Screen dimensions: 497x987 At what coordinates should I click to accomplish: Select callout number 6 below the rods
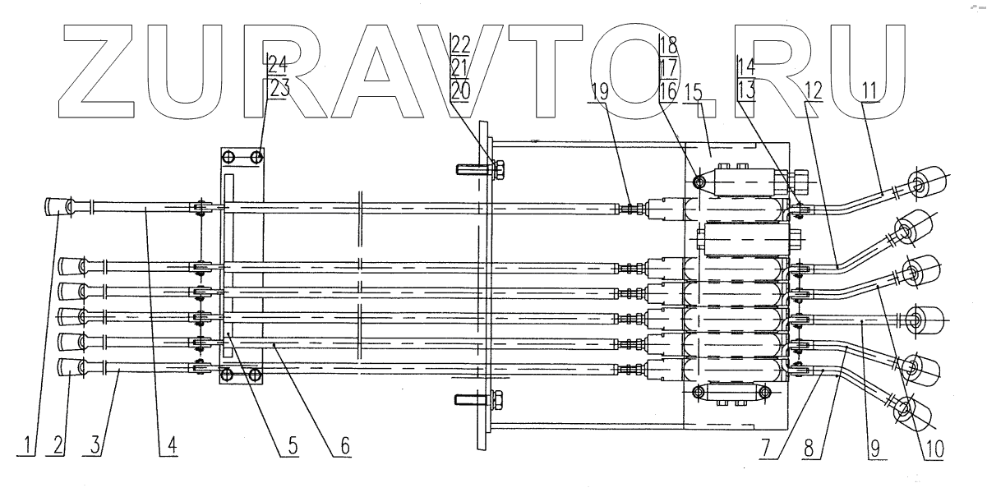(x=344, y=447)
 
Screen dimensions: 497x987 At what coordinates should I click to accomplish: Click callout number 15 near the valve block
(x=694, y=92)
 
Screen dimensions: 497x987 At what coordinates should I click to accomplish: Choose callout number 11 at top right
(x=868, y=92)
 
